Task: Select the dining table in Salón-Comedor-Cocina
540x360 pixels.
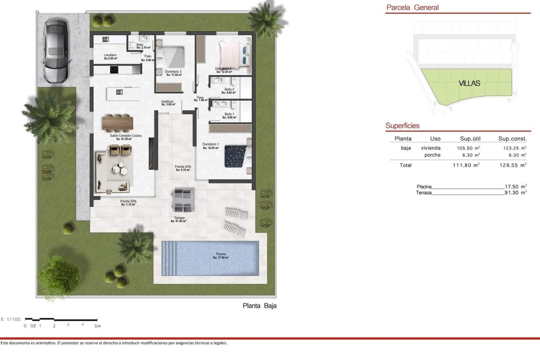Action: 117,123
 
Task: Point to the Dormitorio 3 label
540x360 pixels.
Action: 173,72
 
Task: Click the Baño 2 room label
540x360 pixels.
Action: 230,89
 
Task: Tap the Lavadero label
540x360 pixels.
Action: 110,55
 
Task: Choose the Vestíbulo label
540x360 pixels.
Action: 167,101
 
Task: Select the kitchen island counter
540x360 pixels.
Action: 124,94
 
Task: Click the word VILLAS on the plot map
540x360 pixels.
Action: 469,83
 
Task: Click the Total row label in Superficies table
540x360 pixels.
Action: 405,165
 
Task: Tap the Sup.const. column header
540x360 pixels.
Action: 512,138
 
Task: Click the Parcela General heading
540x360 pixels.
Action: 412,7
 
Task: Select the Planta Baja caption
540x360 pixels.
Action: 260,306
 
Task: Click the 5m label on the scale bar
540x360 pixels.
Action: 97,326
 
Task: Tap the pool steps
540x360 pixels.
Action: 169,258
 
